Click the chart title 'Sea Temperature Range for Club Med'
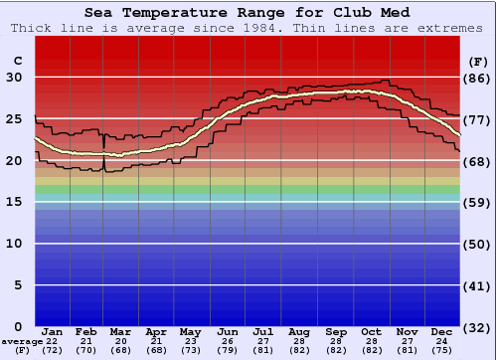click(248, 12)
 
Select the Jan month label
click(53, 331)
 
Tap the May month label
click(190, 331)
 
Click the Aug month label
click(299, 331)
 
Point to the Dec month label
click(443, 331)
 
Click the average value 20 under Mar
click(119, 341)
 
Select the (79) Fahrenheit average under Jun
click(228, 350)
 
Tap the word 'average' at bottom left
click(22, 341)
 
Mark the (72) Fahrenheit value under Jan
click(53, 350)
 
